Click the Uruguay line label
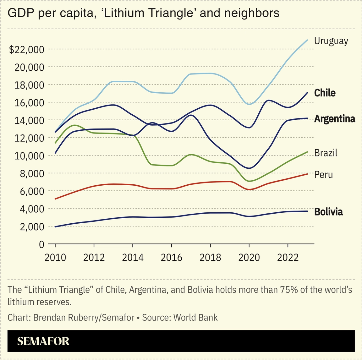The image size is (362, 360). coord(331,41)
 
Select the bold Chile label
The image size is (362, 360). coord(325,93)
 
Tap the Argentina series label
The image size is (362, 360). coord(334,119)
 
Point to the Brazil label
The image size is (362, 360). coord(326,153)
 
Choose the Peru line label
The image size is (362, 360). coord(323,175)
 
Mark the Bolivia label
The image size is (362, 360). coord(328,212)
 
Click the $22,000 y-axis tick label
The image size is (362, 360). coord(26,50)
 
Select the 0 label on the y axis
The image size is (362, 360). coord(41,244)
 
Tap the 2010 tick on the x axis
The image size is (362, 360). coord(55,258)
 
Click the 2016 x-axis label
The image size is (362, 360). coord(172,258)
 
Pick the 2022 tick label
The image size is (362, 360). coord(288,258)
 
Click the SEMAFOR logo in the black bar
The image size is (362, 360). coord(43,341)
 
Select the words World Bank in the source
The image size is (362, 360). coord(195,317)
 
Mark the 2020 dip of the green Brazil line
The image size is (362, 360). coord(249,181)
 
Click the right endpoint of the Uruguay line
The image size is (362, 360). coord(307,40)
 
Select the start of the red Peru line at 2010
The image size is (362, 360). coord(56,199)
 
